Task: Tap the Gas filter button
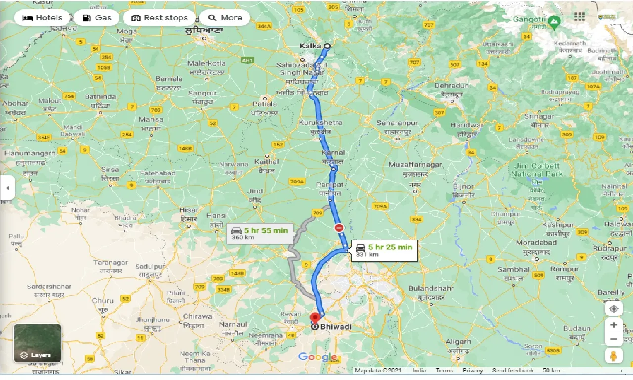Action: tap(97, 18)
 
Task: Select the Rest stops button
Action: tap(159, 18)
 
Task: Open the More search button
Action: tap(225, 18)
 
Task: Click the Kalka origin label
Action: tap(310, 46)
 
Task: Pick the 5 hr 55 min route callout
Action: tap(261, 233)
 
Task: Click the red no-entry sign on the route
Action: tap(339, 228)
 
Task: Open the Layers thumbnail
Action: tap(38, 343)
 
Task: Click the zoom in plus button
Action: tap(614, 325)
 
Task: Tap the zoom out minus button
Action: tap(614, 339)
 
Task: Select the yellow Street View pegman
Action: tap(614, 356)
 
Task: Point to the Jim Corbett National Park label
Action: tap(537, 170)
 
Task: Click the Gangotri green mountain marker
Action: tap(555, 21)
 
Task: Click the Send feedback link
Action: tap(512, 370)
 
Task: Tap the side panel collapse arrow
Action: tap(7, 188)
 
